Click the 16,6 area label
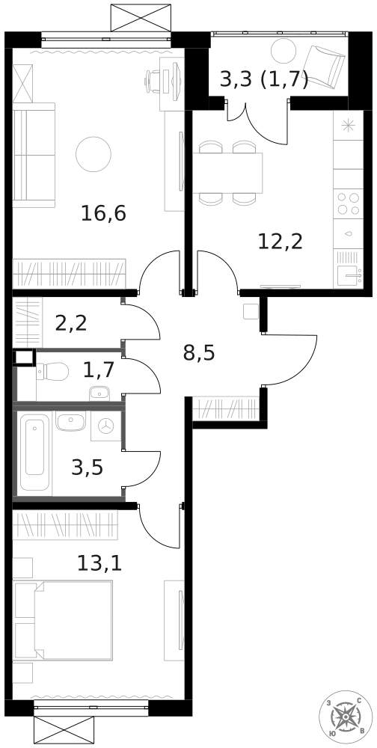pos(103,214)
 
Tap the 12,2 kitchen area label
pos(280,241)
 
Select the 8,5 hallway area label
pos(199,352)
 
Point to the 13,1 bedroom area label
pos(99,562)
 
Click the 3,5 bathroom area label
pos(87,468)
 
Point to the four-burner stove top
pos(348,203)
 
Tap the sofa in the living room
pos(34,155)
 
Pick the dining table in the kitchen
pos(229,172)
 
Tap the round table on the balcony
pos(284,51)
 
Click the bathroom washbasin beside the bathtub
pos(72,420)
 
